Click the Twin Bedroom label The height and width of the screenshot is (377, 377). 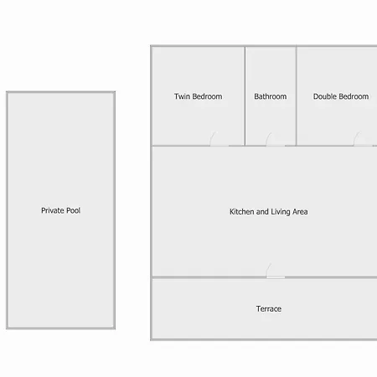coord(199,96)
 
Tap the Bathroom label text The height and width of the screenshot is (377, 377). coord(271,96)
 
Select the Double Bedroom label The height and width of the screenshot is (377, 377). coord(341,96)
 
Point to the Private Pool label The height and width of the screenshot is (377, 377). coord(61,210)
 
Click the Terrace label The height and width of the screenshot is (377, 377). coord(269,308)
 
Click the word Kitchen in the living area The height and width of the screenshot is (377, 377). coord(242,212)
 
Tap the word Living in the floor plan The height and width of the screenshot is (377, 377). coord(281,212)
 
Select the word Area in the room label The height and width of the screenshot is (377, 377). coord(300,212)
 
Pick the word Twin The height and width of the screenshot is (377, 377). coord(182,96)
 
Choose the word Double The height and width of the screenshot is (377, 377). coord(325,96)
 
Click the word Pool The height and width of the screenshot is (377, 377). coord(74,210)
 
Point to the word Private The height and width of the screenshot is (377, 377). coord(53,210)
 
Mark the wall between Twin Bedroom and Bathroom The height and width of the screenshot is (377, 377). coord(245,96)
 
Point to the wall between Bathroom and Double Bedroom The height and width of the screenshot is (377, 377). coord(297,96)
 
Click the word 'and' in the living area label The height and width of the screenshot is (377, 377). coord(262,212)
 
